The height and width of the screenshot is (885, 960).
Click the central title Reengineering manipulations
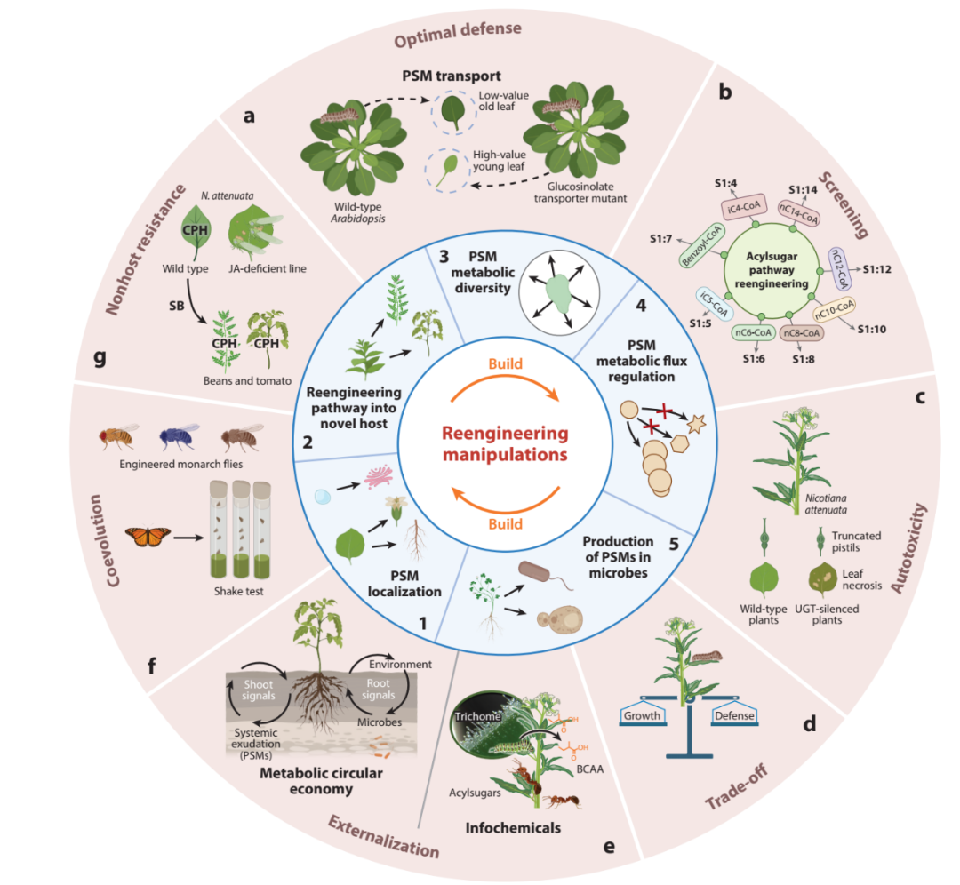pyautogui.click(x=506, y=443)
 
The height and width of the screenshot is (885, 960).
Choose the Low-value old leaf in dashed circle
pyautogui.click(x=453, y=111)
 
